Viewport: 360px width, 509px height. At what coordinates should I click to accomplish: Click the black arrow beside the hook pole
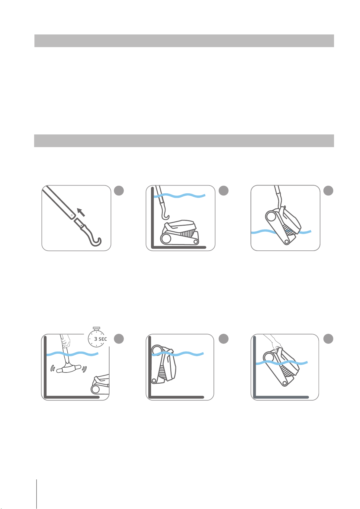pos(81,212)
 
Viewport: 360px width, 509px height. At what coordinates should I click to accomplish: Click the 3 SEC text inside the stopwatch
pos(100,339)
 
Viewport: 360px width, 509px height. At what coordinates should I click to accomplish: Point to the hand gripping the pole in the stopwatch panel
pos(66,341)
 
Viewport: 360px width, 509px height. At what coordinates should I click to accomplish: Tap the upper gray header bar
pos(184,41)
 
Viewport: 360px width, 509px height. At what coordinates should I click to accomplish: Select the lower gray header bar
pos(184,141)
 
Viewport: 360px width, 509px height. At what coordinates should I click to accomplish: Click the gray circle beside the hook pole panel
pos(119,191)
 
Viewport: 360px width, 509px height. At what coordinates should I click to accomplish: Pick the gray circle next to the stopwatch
pos(119,339)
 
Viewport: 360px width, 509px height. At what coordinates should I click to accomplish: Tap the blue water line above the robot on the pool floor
pos(179,195)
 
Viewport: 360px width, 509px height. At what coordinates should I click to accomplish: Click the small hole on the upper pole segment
pos(72,215)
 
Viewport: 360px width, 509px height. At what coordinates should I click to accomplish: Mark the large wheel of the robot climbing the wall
pos(156,350)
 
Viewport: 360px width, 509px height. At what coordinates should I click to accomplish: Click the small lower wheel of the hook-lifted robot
pos(287,242)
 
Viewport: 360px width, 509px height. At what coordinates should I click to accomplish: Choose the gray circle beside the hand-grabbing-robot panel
pos(328,339)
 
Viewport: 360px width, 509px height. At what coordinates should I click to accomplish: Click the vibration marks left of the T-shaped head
pos(53,368)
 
